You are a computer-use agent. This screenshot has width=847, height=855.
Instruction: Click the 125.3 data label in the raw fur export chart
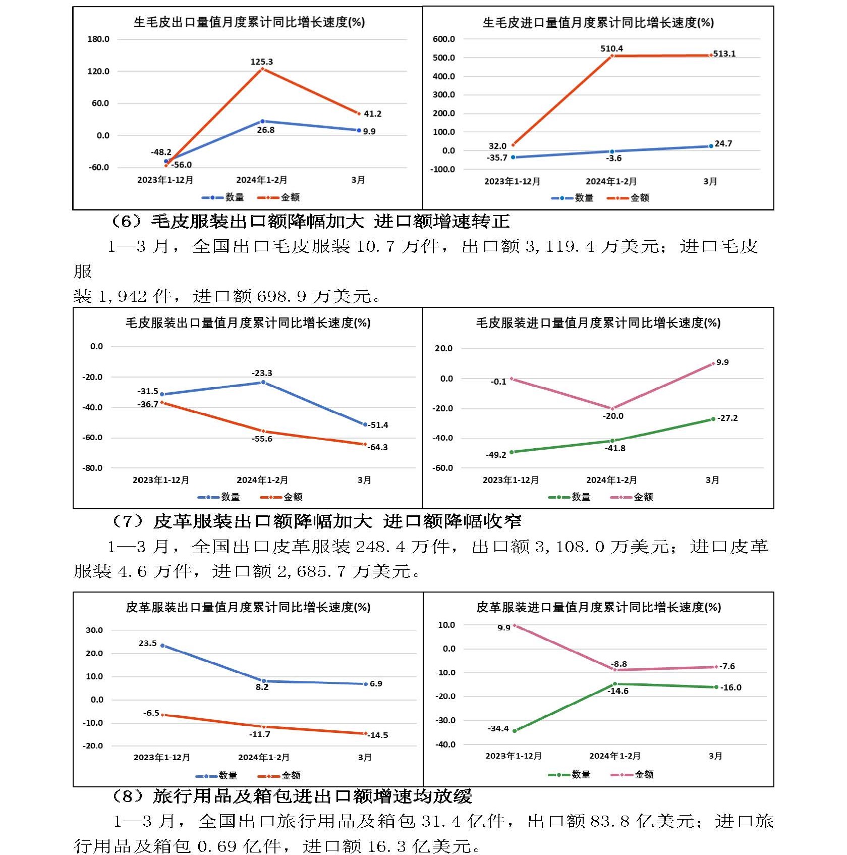coord(261,62)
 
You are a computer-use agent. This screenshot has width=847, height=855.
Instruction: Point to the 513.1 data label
coord(724,54)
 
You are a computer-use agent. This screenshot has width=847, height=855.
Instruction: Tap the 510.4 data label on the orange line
coord(611,48)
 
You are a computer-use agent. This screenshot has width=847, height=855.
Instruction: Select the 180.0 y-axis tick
coord(98,39)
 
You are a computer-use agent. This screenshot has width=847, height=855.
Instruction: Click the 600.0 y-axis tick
coord(444,39)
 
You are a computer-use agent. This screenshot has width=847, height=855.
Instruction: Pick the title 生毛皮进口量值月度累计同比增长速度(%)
coord(598,23)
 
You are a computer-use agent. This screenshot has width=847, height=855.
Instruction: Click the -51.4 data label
coord(378,425)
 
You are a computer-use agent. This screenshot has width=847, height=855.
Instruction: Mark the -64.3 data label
coord(378,447)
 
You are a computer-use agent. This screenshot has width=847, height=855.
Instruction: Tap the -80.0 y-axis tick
coord(92,468)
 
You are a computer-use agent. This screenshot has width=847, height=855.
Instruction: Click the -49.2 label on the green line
coord(496,455)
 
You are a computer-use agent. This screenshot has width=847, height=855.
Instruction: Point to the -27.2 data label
coord(727,418)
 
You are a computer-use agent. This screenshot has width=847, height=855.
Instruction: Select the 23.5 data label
coord(148,644)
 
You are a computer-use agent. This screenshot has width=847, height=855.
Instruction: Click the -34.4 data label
coord(498,729)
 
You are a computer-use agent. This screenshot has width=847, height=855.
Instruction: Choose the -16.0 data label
coord(730,687)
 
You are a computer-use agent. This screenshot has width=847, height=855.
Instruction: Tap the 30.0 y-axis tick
coord(94,630)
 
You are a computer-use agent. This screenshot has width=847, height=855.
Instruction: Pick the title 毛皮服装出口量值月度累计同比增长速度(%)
coord(248,323)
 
